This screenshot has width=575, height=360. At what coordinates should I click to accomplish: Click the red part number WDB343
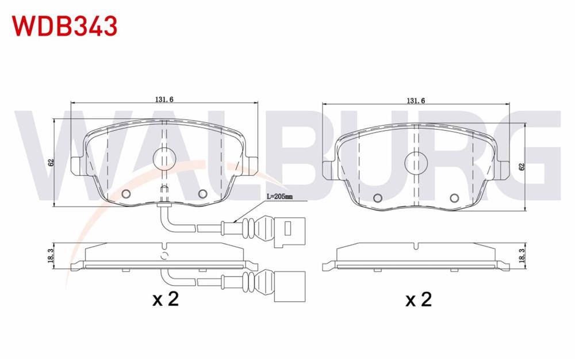[65, 26]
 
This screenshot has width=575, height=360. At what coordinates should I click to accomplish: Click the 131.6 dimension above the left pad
[164, 99]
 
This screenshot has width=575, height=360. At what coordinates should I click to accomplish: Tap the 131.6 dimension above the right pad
[416, 101]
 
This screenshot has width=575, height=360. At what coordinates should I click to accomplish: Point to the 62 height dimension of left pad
[51, 162]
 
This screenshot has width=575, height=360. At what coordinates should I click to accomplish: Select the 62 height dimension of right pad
[522, 166]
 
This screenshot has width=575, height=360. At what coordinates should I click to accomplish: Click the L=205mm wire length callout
[279, 197]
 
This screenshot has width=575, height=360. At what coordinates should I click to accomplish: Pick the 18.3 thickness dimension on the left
[51, 255]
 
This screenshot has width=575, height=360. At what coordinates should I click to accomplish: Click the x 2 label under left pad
[166, 299]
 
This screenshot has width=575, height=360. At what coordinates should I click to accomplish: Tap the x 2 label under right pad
[419, 299]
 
